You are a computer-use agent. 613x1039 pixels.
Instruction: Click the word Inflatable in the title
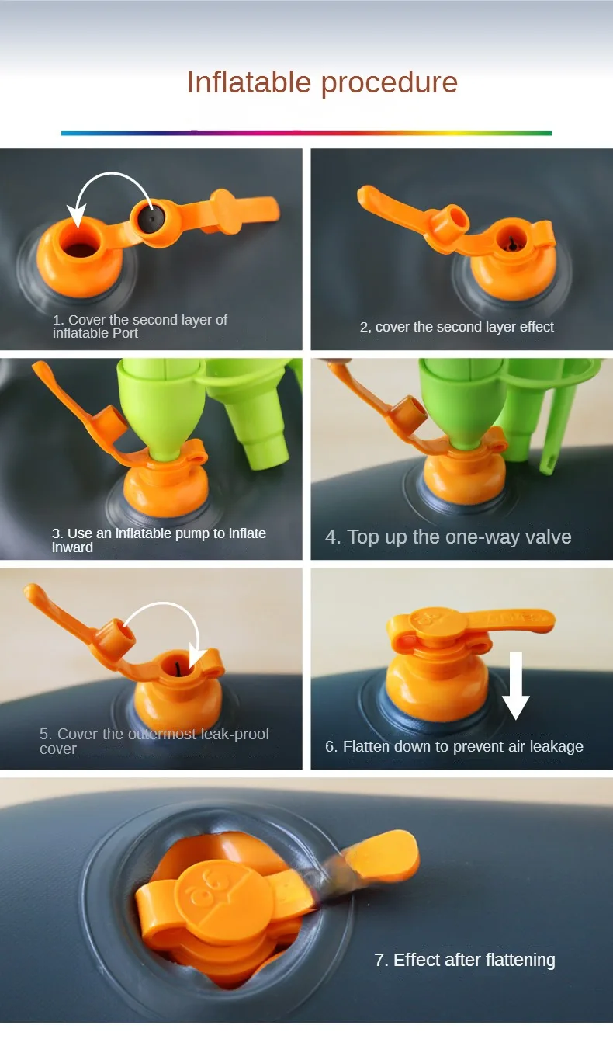click(x=249, y=82)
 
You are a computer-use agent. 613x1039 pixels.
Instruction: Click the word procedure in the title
click(x=390, y=85)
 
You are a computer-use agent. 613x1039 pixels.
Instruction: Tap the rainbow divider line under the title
click(x=306, y=133)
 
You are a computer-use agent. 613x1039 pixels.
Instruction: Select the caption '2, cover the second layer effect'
click(x=457, y=327)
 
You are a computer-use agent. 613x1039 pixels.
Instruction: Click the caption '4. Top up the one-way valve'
click(x=448, y=537)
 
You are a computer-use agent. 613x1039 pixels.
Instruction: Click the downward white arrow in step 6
click(x=515, y=686)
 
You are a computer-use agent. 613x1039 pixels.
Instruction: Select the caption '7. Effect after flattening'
click(x=465, y=960)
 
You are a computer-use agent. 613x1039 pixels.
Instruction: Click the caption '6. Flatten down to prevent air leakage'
click(x=454, y=746)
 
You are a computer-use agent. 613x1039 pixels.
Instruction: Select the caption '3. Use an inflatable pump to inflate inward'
click(x=159, y=540)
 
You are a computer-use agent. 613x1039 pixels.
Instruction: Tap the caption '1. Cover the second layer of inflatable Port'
click(x=140, y=326)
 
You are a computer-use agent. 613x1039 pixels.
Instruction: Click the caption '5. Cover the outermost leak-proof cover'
click(x=154, y=741)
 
